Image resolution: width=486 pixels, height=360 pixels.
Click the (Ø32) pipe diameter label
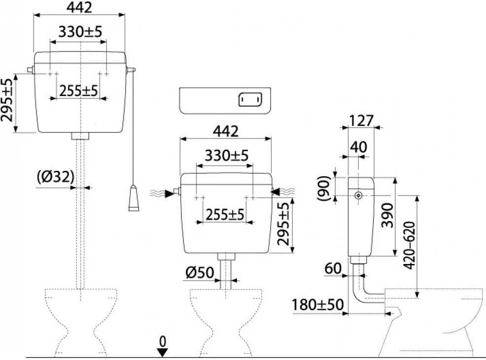pos(55,176)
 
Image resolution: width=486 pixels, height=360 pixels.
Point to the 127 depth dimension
pos(361,120)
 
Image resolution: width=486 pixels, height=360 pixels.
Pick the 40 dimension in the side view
pos(358,146)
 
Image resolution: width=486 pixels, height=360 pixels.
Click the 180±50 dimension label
pos(316,304)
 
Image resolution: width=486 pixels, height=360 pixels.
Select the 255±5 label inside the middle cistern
pos(225,214)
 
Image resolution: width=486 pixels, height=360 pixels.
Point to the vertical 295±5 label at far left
pos(7,100)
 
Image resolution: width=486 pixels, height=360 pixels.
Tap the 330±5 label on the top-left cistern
pos(80,32)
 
